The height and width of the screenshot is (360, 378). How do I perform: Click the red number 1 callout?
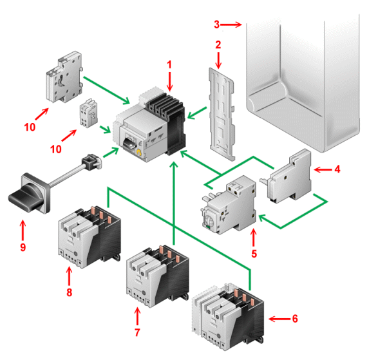click(x=169, y=64)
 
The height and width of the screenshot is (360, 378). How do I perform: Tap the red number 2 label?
click(x=218, y=44)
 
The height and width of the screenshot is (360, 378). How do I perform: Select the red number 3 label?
click(x=217, y=24)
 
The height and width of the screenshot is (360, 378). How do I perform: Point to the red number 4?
click(x=337, y=169)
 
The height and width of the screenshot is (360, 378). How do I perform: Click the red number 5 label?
click(x=254, y=254)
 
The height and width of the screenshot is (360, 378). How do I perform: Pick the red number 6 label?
click(x=295, y=319)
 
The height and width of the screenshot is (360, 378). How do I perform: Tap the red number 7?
click(x=137, y=332)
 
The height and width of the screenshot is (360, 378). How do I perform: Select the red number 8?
click(x=69, y=292)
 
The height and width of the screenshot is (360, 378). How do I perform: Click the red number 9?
click(x=23, y=247)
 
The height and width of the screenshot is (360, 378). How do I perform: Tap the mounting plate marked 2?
click(x=222, y=114)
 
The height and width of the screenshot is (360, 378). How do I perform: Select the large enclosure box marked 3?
click(x=303, y=83)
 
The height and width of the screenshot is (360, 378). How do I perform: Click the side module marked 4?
click(x=289, y=176)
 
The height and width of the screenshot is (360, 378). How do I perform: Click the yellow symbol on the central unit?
click(x=139, y=153)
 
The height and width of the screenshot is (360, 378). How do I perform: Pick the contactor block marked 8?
click(x=90, y=237)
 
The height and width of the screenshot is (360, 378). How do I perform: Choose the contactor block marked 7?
click(x=158, y=276)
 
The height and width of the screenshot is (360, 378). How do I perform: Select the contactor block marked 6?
click(x=228, y=317)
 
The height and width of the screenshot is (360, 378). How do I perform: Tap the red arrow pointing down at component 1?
click(x=170, y=82)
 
